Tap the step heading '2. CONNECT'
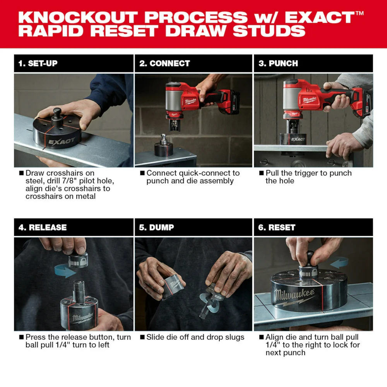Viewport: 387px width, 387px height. pyautogui.click(x=164, y=63)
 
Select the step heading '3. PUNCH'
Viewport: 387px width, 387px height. pyautogui.click(x=278, y=63)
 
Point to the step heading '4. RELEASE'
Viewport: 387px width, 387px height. pyautogui.click(x=43, y=228)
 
